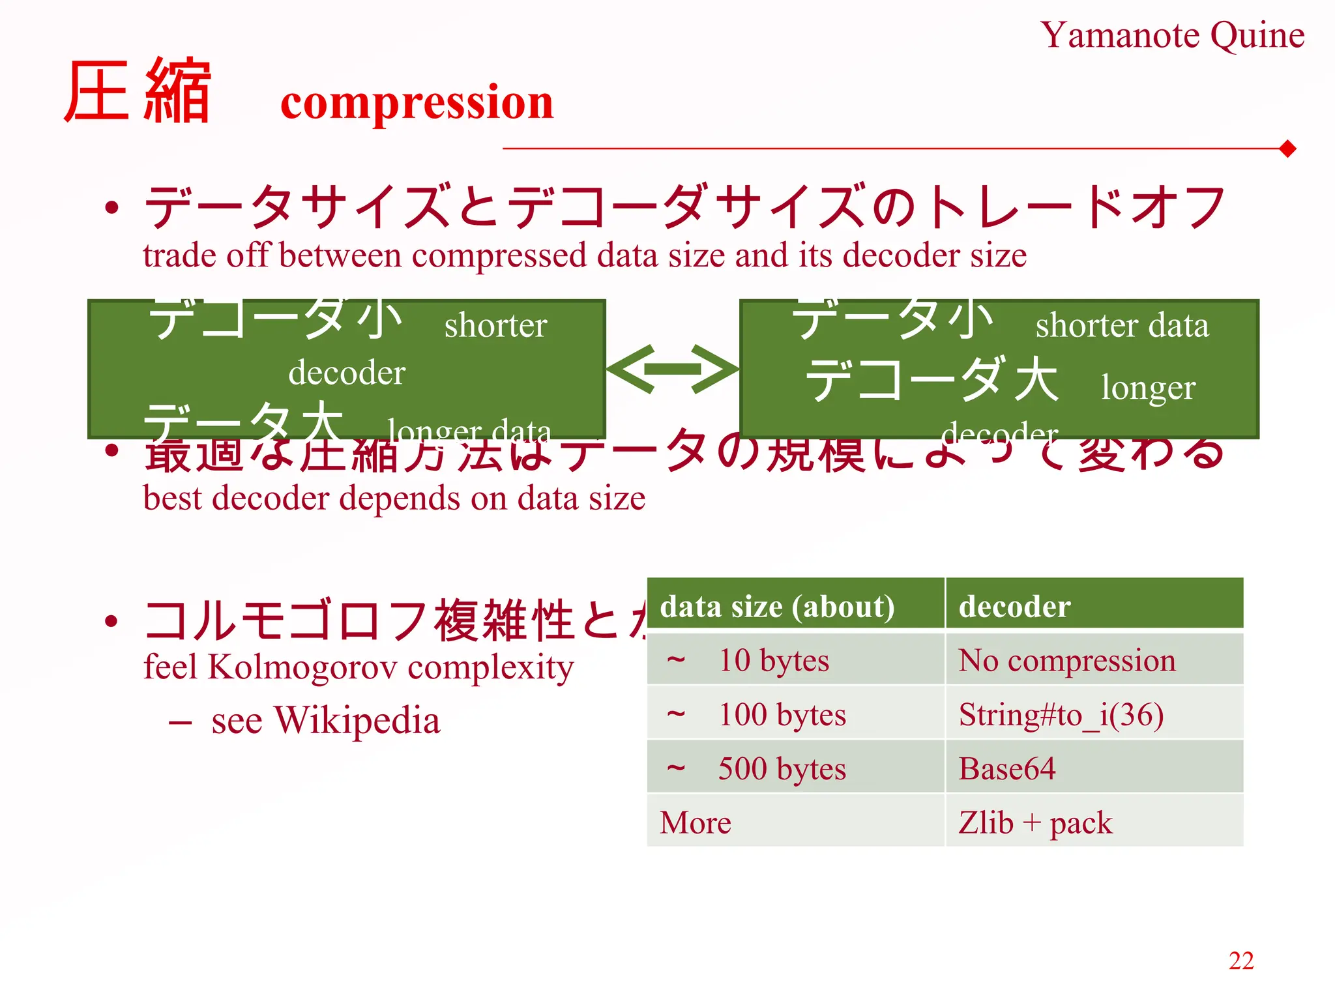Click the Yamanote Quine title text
coord(1171,35)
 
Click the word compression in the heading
coord(417,102)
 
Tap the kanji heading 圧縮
coord(138,91)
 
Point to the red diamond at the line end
coord(1287,149)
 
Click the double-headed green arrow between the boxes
coord(672,369)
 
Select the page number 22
coord(1240,961)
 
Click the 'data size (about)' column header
coord(777,607)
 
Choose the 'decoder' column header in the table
coord(1014,607)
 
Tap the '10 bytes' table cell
coord(773,660)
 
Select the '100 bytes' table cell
coord(782,714)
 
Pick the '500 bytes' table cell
coord(782,768)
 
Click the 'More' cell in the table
coord(695,822)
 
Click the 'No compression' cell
coord(1067,660)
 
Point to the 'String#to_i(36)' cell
coord(1061,714)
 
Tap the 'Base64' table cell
coord(1006,768)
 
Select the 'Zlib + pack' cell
coord(1035,822)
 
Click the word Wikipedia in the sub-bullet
coord(357,721)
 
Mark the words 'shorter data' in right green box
coord(1122,325)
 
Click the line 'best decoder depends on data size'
coord(394,499)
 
